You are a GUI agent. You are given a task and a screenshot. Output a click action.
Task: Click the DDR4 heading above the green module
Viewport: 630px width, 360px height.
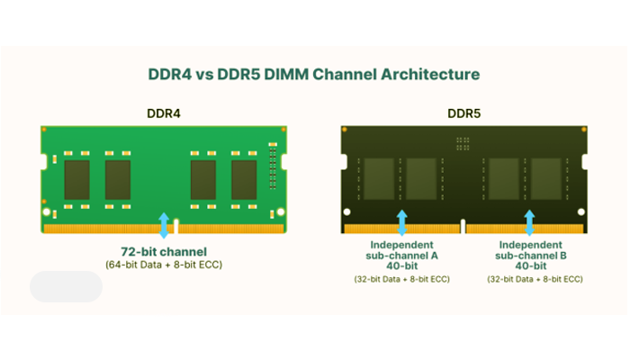coord(164,114)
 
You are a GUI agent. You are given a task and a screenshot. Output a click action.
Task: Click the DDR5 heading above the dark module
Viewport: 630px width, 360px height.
coord(464,114)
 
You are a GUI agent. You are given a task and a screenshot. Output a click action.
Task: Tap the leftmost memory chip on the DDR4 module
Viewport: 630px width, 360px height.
coord(76,179)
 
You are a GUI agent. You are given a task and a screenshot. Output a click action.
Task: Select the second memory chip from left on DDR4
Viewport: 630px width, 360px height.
coord(118,179)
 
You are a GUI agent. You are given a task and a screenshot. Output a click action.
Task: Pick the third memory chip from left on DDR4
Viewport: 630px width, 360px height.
coord(202,179)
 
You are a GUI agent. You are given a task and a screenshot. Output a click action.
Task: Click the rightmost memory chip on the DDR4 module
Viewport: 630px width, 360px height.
coord(244,179)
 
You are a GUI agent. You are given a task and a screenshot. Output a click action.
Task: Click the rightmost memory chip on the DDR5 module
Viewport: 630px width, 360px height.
coord(546,176)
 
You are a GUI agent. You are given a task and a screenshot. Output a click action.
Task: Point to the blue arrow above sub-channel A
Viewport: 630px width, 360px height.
coord(402,222)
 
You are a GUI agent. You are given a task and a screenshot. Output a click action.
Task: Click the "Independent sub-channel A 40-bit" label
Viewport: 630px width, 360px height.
coord(402,256)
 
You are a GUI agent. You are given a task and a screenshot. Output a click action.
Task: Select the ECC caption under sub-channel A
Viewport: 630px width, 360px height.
coord(402,281)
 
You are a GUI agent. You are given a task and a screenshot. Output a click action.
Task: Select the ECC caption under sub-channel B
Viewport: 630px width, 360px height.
coord(534,281)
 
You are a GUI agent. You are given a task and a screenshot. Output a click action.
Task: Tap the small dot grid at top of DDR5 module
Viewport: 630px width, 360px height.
coord(463,141)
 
